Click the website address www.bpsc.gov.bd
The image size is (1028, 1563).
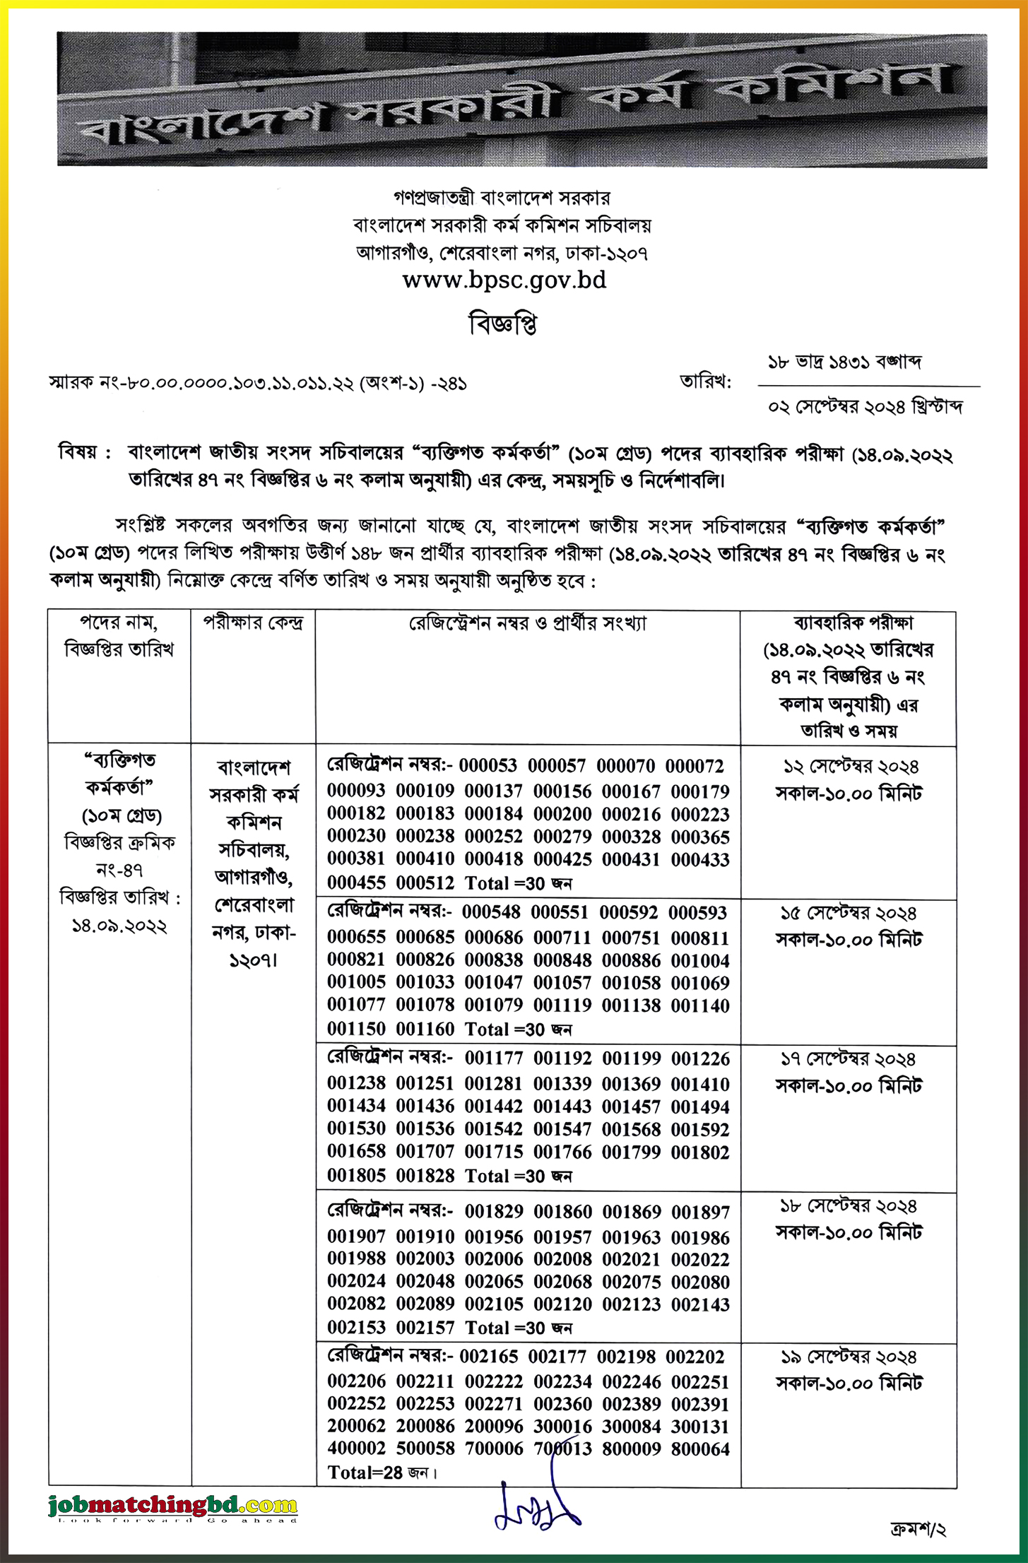click(x=504, y=281)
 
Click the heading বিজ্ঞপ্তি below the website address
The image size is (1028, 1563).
click(x=503, y=324)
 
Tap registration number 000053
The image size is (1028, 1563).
click(x=488, y=766)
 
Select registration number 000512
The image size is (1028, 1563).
click(x=425, y=883)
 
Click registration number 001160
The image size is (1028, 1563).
click(x=425, y=1029)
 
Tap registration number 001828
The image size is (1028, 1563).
click(x=425, y=1175)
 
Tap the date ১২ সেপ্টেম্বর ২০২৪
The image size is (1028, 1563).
click(x=851, y=767)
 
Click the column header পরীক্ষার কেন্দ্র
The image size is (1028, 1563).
click(x=253, y=623)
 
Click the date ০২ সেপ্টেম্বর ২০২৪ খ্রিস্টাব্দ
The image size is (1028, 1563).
click(x=865, y=408)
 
